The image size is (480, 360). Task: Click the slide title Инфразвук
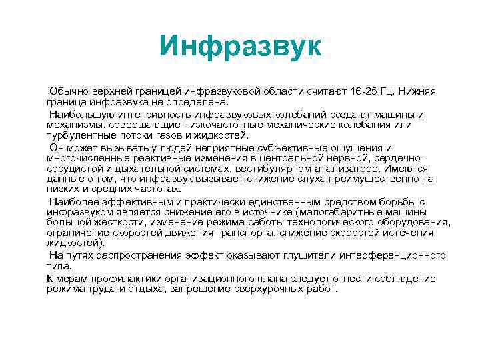point(241,46)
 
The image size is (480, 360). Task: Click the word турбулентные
point(78,135)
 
